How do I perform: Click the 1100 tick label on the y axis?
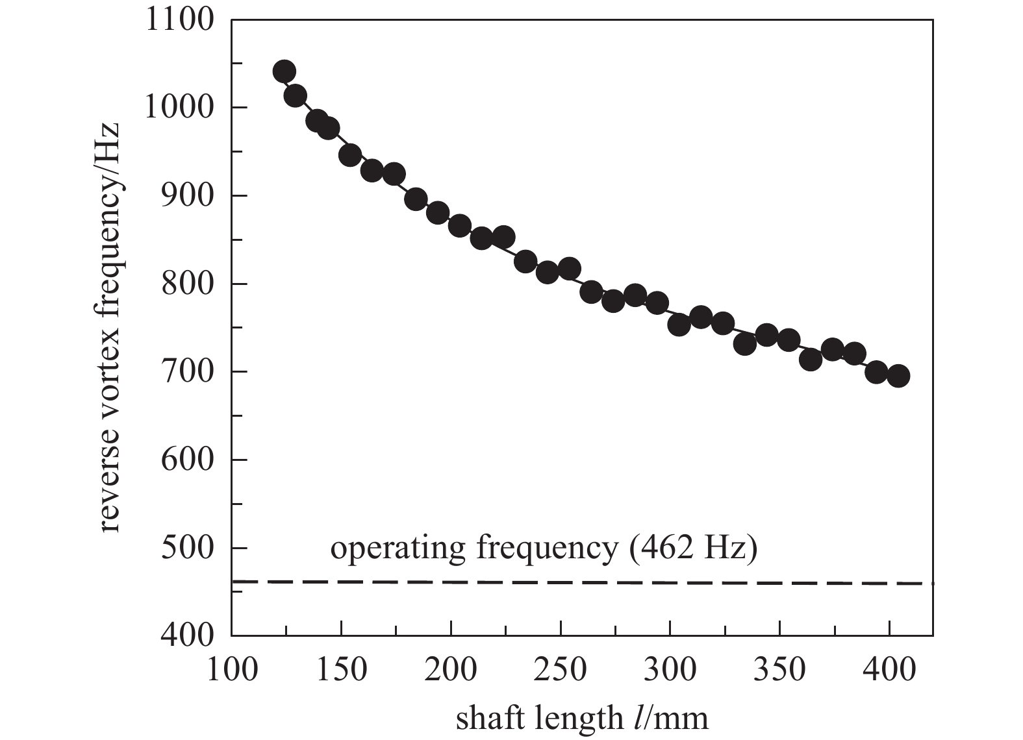179,19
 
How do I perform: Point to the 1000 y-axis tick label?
179,108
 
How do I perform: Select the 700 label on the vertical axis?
187,372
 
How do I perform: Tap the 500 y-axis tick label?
187,548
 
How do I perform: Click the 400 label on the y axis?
187,635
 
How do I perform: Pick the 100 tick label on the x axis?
232,669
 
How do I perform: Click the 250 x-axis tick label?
561,669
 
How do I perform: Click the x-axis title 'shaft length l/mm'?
582,718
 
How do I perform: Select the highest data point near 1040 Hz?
284,71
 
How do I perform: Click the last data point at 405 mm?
898,376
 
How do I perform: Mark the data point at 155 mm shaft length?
350,155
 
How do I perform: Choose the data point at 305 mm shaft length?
679,325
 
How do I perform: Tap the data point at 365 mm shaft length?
811,359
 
